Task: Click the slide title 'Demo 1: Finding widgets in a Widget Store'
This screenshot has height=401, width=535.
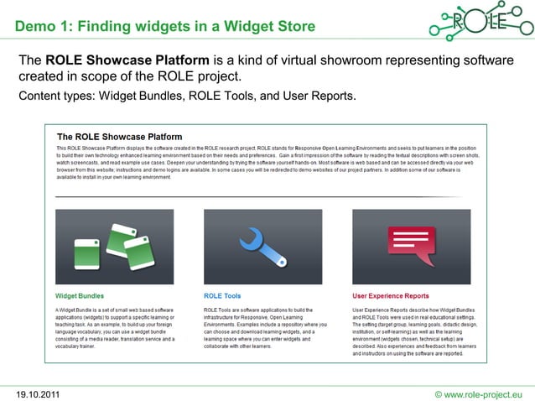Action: [x=164, y=26]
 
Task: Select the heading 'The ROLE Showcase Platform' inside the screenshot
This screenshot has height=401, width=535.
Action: [x=119, y=137]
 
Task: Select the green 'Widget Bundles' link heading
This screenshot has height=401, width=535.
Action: [x=80, y=296]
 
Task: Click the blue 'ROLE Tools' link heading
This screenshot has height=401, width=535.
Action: [x=222, y=296]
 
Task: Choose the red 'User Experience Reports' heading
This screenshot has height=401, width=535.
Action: [x=390, y=296]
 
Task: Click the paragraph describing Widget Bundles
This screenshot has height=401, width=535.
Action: [x=114, y=327]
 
